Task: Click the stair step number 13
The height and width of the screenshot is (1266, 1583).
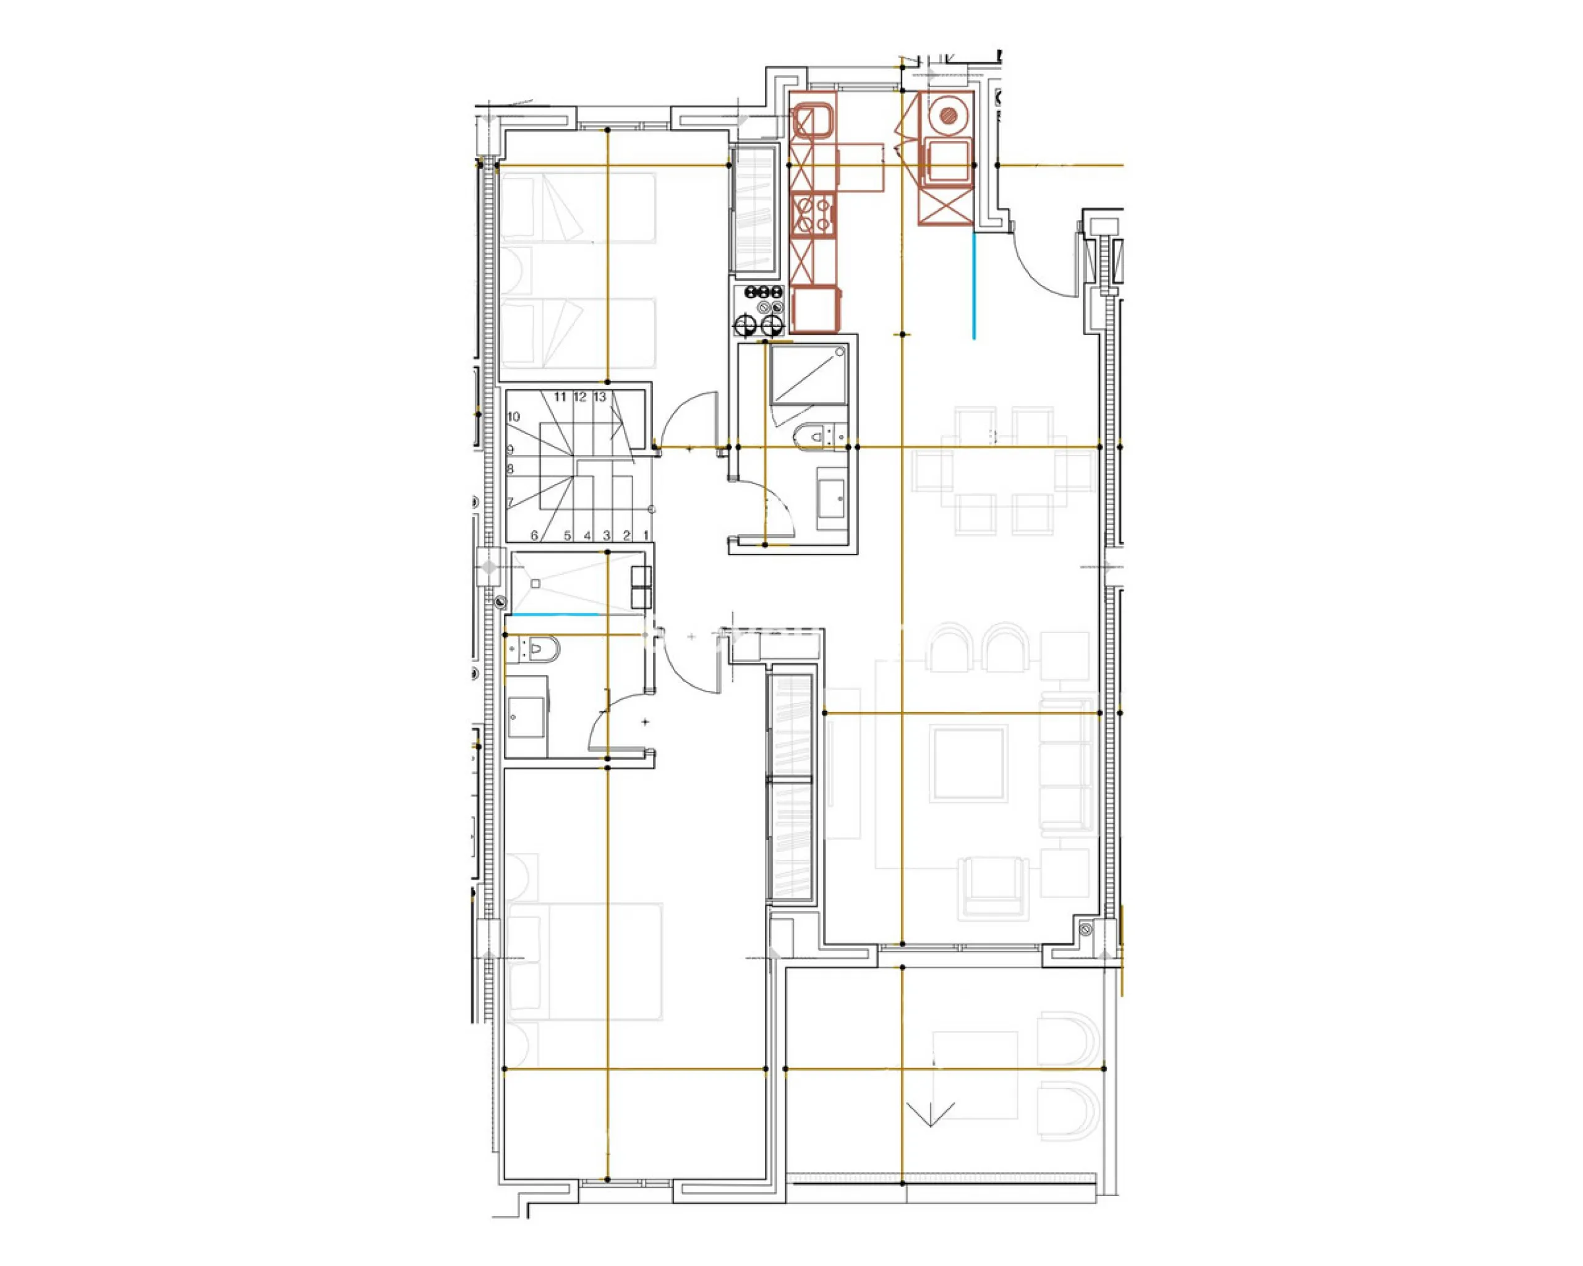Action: [600, 397]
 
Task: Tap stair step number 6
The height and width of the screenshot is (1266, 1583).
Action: [534, 536]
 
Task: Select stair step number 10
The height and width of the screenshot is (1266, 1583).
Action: [513, 417]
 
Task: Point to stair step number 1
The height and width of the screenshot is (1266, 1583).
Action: [646, 536]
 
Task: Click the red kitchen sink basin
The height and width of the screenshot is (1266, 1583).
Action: [812, 121]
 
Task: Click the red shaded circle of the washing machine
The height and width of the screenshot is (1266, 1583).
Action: [949, 114]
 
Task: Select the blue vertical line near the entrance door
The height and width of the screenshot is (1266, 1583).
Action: [975, 286]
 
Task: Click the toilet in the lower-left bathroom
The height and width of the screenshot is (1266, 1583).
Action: [534, 650]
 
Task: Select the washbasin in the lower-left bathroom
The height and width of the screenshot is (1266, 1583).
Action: [526, 716]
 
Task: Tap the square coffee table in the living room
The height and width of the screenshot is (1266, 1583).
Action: [968, 763]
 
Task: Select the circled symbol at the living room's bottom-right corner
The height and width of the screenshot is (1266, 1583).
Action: [1086, 930]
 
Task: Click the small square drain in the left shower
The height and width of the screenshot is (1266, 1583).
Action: [536, 584]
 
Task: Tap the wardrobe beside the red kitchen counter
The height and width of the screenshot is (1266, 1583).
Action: [755, 211]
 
